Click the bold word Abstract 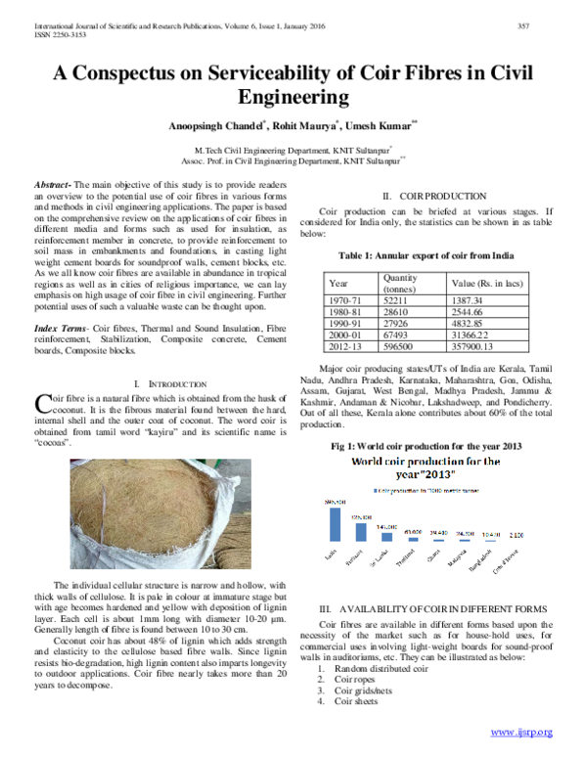(51, 185)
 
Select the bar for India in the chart (336, 523)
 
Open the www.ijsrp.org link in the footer (521, 732)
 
